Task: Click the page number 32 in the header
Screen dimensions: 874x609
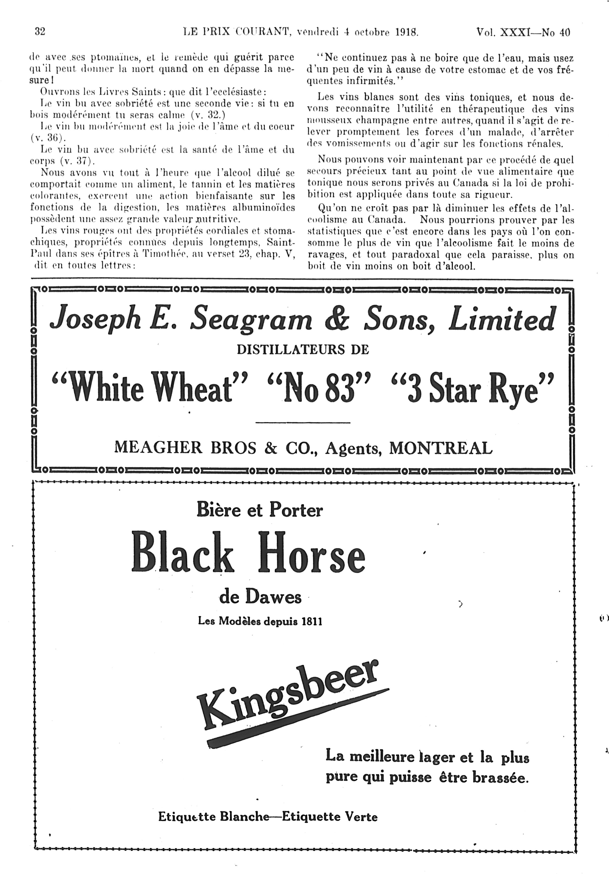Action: (x=40, y=32)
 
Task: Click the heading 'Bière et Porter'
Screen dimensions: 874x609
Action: (x=260, y=510)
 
